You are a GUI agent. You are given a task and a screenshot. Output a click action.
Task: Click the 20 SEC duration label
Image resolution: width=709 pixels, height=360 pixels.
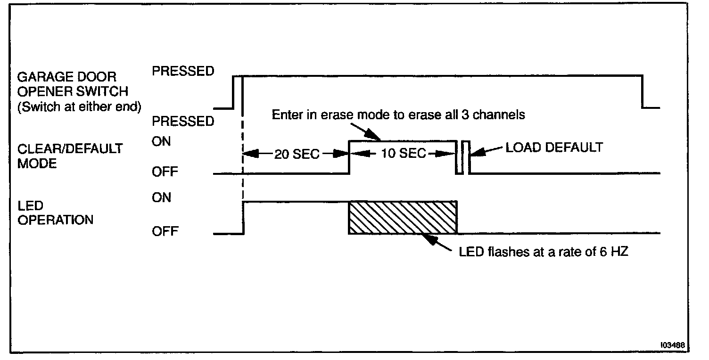tap(297, 155)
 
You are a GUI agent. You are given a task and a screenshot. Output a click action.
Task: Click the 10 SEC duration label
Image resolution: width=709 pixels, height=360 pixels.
tap(403, 154)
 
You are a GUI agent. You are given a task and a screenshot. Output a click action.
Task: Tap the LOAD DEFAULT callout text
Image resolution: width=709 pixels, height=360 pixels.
tap(554, 147)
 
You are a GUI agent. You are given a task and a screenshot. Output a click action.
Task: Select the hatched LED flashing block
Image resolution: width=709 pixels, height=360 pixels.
tap(403, 217)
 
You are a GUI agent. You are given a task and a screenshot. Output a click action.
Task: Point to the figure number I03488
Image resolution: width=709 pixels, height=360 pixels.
tap(672, 345)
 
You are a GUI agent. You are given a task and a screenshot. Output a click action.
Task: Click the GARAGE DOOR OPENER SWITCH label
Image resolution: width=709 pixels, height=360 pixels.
tap(73, 84)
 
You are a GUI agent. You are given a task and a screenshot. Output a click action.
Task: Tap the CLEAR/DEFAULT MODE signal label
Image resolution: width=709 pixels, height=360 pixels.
tap(70, 156)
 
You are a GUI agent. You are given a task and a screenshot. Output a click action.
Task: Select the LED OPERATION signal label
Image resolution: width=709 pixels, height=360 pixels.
tap(56, 213)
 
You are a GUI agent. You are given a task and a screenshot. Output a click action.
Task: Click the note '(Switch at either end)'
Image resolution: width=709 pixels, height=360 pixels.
tap(79, 106)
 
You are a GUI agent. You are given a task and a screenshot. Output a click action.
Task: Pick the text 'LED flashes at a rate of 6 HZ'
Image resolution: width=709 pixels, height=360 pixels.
tap(543, 252)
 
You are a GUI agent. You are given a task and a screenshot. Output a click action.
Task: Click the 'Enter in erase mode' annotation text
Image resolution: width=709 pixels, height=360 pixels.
tap(398, 115)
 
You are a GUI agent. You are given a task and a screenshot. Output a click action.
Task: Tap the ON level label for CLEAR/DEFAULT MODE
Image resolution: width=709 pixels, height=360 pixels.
tap(161, 141)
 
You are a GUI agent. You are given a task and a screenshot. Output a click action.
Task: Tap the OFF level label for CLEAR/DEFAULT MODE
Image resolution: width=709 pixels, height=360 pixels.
tap(165, 172)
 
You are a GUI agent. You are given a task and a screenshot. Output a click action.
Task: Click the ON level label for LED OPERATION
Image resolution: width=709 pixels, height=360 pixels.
tap(161, 197)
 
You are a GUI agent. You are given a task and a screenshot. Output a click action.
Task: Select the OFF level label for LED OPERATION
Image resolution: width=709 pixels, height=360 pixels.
tap(165, 231)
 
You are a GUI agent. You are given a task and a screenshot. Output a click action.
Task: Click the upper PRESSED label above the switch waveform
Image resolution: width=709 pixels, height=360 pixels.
tap(183, 71)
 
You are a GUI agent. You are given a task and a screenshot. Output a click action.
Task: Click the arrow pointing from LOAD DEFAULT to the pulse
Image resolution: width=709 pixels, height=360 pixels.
tap(486, 151)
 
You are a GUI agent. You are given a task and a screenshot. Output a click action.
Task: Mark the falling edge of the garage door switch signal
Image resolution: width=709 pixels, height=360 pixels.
tap(642, 92)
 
